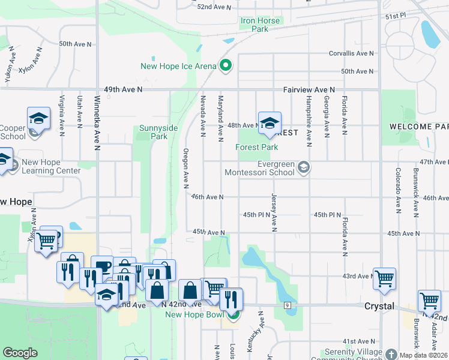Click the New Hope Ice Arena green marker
[x=226, y=66]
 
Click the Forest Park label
[x=257, y=147]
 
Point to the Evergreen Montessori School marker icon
[x=304, y=167]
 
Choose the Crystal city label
[x=379, y=306]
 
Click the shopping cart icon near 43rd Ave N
[x=384, y=278]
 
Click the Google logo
[x=20, y=353]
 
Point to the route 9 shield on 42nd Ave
[x=288, y=306]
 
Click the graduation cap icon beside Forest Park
[x=270, y=123]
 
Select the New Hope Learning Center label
[x=51, y=166]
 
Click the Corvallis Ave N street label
[x=351, y=53]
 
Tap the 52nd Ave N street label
[x=214, y=7]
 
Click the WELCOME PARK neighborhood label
[x=418, y=127]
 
